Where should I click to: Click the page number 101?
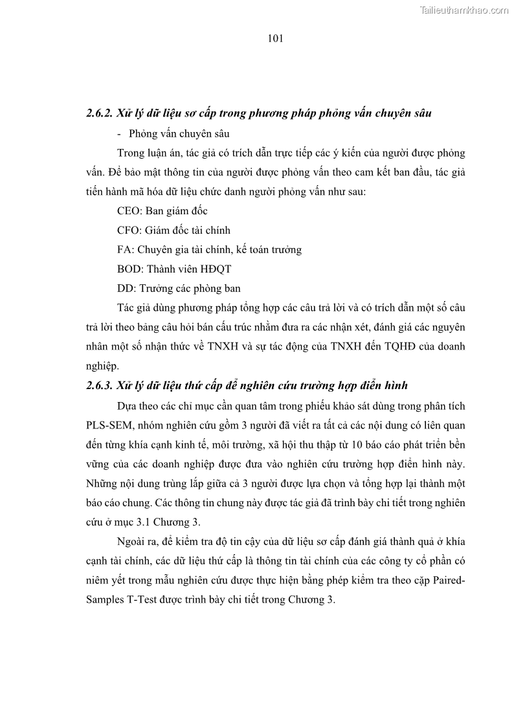coord(275,38)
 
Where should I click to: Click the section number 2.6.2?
coord(99,113)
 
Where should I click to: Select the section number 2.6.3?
coord(99,386)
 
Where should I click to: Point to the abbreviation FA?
coord(124,249)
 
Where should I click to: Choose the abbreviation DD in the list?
coord(125,288)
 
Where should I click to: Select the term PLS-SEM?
coord(107,425)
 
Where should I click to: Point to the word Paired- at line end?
coord(447,580)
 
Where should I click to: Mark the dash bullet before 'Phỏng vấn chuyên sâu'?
coord(120,134)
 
